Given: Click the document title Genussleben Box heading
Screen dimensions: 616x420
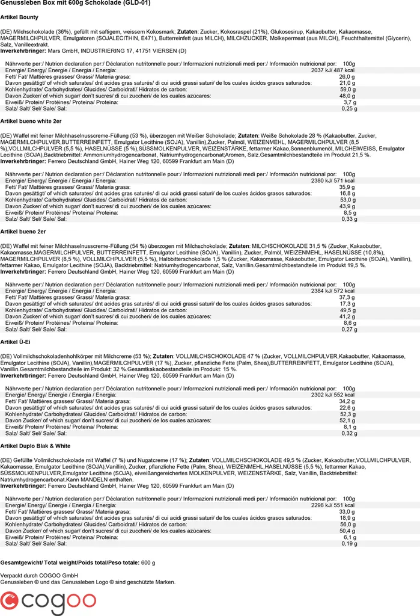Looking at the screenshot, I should coord(75,3).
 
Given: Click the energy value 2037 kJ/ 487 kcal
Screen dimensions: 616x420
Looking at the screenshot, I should coord(332,70).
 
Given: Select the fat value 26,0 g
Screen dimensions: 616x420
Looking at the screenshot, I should coord(347,77).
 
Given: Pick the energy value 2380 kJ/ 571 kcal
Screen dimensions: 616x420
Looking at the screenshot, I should coord(332,180).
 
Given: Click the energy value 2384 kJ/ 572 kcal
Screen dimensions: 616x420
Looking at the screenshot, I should coord(332,290).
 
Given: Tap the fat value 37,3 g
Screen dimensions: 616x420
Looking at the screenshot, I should coord(347,297).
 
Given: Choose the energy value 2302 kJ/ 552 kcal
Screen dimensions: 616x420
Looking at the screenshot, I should coord(332,395).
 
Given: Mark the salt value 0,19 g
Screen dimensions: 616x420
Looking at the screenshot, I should coord(349,543).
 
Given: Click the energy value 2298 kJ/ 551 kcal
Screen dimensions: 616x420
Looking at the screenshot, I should coord(332,505).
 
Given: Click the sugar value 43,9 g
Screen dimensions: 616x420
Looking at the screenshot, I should coord(347,206).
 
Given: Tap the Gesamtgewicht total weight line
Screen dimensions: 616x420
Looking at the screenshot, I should coord(78,562).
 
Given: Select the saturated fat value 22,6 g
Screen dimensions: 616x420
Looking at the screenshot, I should coord(347,407).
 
